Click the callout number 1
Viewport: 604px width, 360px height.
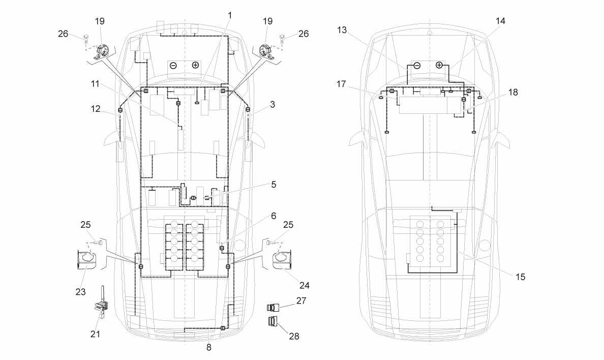click(230, 15)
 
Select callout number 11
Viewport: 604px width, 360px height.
click(95, 83)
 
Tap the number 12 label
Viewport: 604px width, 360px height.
click(96, 109)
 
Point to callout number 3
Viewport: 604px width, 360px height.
click(273, 104)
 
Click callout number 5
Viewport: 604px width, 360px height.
click(274, 184)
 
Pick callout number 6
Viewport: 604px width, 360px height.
click(274, 216)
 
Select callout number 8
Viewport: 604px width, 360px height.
click(209, 347)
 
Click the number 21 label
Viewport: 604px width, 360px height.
click(95, 334)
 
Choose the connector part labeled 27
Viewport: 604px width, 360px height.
click(273, 308)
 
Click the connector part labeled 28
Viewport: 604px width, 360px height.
click(273, 321)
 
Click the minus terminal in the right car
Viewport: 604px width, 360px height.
click(417, 66)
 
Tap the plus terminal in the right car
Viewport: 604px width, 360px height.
click(439, 65)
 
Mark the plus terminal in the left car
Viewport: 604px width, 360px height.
click(195, 65)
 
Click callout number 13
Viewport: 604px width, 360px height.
click(342, 29)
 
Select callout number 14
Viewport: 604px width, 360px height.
click(500, 21)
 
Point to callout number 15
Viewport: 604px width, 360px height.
click(521, 277)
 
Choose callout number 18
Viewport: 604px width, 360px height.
click(513, 92)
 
